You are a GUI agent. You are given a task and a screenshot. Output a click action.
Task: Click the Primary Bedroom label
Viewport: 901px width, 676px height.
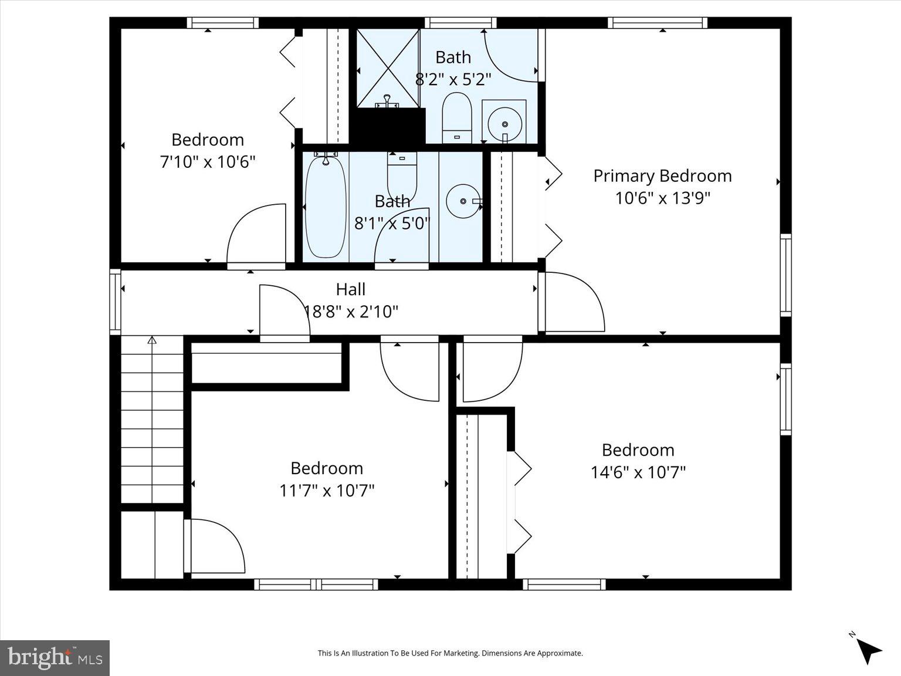(662, 175)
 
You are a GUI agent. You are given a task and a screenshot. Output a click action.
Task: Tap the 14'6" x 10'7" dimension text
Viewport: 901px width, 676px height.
(638, 472)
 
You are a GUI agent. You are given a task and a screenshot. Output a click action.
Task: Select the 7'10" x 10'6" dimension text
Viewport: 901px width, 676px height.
(208, 161)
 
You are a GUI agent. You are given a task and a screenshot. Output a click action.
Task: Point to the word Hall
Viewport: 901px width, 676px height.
(351, 289)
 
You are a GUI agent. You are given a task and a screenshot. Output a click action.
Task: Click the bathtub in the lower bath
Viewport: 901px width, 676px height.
(326, 207)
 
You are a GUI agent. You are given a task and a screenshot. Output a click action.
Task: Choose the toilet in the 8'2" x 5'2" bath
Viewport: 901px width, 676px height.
(457, 117)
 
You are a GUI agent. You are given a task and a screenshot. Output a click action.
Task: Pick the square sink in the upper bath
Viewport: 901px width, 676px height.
(504, 121)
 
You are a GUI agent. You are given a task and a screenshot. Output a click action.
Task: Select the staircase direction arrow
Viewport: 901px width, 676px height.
(152, 340)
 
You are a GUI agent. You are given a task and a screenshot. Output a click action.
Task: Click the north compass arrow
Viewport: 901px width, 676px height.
(867, 649)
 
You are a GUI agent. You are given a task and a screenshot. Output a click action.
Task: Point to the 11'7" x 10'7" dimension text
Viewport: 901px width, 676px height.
(327, 490)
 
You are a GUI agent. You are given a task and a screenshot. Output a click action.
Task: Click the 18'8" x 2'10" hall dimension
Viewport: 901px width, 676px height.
(351, 311)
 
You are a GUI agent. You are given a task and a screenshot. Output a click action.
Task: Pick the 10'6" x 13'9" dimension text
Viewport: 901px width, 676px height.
(662, 198)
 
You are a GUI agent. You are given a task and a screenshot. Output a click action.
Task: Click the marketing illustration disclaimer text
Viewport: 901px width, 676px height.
(450, 653)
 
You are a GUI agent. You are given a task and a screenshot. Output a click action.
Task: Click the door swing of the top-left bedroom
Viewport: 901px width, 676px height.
(256, 235)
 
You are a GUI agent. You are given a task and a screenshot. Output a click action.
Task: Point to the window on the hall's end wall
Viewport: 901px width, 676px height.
(115, 302)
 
